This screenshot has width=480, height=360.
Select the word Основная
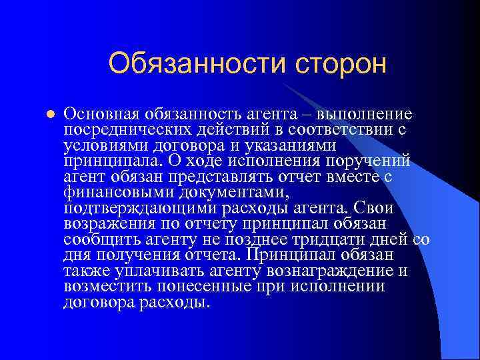point(99,113)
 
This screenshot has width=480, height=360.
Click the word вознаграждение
point(337,271)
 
